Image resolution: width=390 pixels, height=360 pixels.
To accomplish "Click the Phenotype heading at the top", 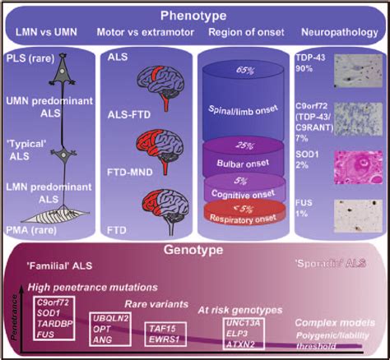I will pos(195,15).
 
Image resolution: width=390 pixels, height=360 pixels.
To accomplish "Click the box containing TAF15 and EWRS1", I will pos(165,332).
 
